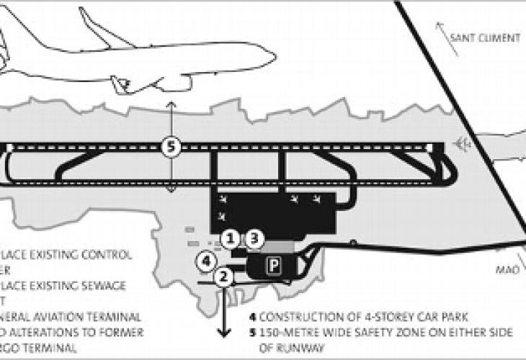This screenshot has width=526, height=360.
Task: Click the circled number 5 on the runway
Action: point(171,146)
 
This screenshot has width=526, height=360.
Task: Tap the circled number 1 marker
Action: point(230,237)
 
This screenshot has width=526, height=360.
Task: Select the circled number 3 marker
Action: point(256,237)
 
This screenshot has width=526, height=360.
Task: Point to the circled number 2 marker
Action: point(224,276)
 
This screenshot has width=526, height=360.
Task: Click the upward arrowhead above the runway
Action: point(171,105)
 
